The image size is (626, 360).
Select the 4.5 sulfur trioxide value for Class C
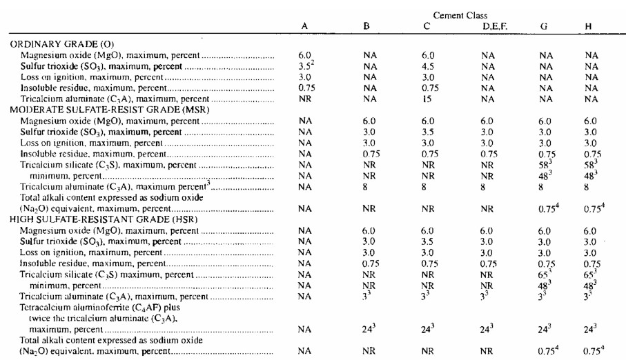(428, 66)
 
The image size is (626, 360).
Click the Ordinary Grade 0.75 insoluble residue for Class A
(304, 88)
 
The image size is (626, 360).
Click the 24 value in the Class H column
(589, 330)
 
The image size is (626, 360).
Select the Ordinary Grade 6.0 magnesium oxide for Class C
(428, 55)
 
